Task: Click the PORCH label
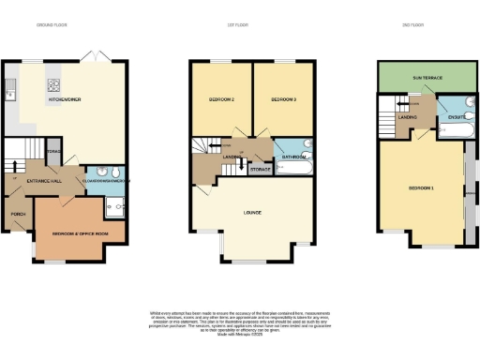18,214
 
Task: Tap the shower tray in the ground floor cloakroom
114,207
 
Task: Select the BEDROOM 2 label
220,99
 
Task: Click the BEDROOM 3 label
284,99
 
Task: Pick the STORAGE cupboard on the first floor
260,170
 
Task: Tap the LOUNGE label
251,213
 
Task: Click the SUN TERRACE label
422,75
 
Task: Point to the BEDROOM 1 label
421,188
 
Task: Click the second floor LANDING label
406,117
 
